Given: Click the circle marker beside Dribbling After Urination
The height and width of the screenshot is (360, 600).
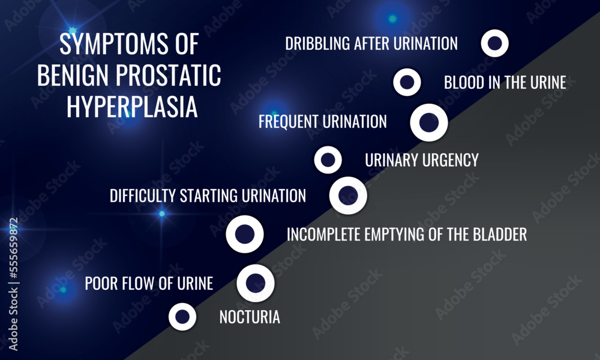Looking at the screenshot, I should click(x=495, y=43).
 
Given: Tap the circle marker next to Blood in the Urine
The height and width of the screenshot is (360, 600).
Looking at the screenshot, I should click(x=407, y=83).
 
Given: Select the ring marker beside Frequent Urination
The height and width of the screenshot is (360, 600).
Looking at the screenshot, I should click(x=429, y=122).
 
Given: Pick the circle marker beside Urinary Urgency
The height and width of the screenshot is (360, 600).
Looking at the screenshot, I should click(x=328, y=160).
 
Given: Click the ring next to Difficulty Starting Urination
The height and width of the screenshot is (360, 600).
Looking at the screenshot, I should click(x=349, y=196).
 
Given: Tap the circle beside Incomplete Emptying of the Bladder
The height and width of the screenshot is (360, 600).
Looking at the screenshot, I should click(x=245, y=234).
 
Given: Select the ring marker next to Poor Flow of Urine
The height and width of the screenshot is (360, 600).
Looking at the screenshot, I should click(x=256, y=283).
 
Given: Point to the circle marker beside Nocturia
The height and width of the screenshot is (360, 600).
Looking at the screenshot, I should click(x=183, y=316).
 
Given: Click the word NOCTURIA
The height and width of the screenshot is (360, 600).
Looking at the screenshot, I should click(x=250, y=317).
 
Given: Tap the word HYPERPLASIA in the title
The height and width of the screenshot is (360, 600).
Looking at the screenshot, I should click(x=132, y=107).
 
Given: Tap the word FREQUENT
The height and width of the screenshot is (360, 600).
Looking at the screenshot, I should click(x=289, y=122).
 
